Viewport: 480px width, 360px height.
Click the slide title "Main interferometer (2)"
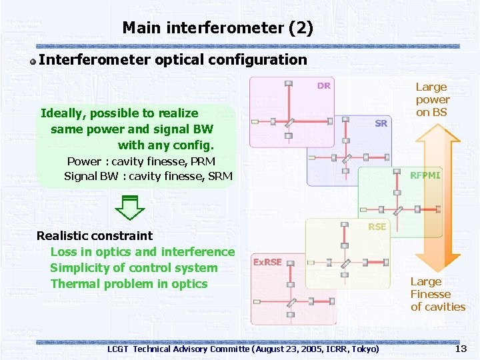(217, 28)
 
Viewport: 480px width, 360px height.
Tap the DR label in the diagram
(323, 85)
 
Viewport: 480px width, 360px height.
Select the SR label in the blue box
(381, 123)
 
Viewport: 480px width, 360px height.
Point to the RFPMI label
(425, 175)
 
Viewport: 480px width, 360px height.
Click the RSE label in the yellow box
(377, 227)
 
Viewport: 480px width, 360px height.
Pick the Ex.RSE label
(267, 262)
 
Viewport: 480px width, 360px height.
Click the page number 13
(460, 349)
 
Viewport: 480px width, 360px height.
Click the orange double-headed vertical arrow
(438, 200)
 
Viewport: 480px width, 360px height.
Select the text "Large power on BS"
(432, 99)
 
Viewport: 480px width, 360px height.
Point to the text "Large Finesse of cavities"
(437, 294)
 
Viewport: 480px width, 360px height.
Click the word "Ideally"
(63, 113)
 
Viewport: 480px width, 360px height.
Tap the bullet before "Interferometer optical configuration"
(33, 61)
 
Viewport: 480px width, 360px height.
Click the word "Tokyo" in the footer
(363, 349)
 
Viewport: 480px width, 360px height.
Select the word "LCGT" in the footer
(119, 349)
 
